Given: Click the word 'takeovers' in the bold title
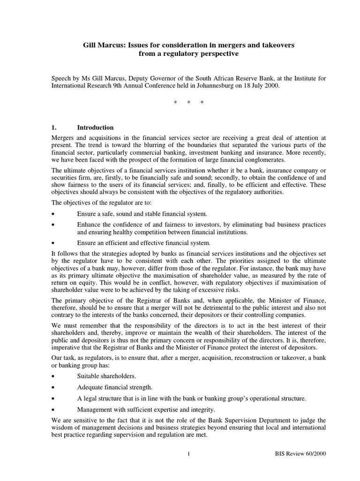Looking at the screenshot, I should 275,45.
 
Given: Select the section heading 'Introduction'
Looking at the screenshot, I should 95,127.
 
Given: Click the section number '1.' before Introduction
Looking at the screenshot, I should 53,127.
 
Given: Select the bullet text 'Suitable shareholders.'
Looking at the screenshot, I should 107,376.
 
